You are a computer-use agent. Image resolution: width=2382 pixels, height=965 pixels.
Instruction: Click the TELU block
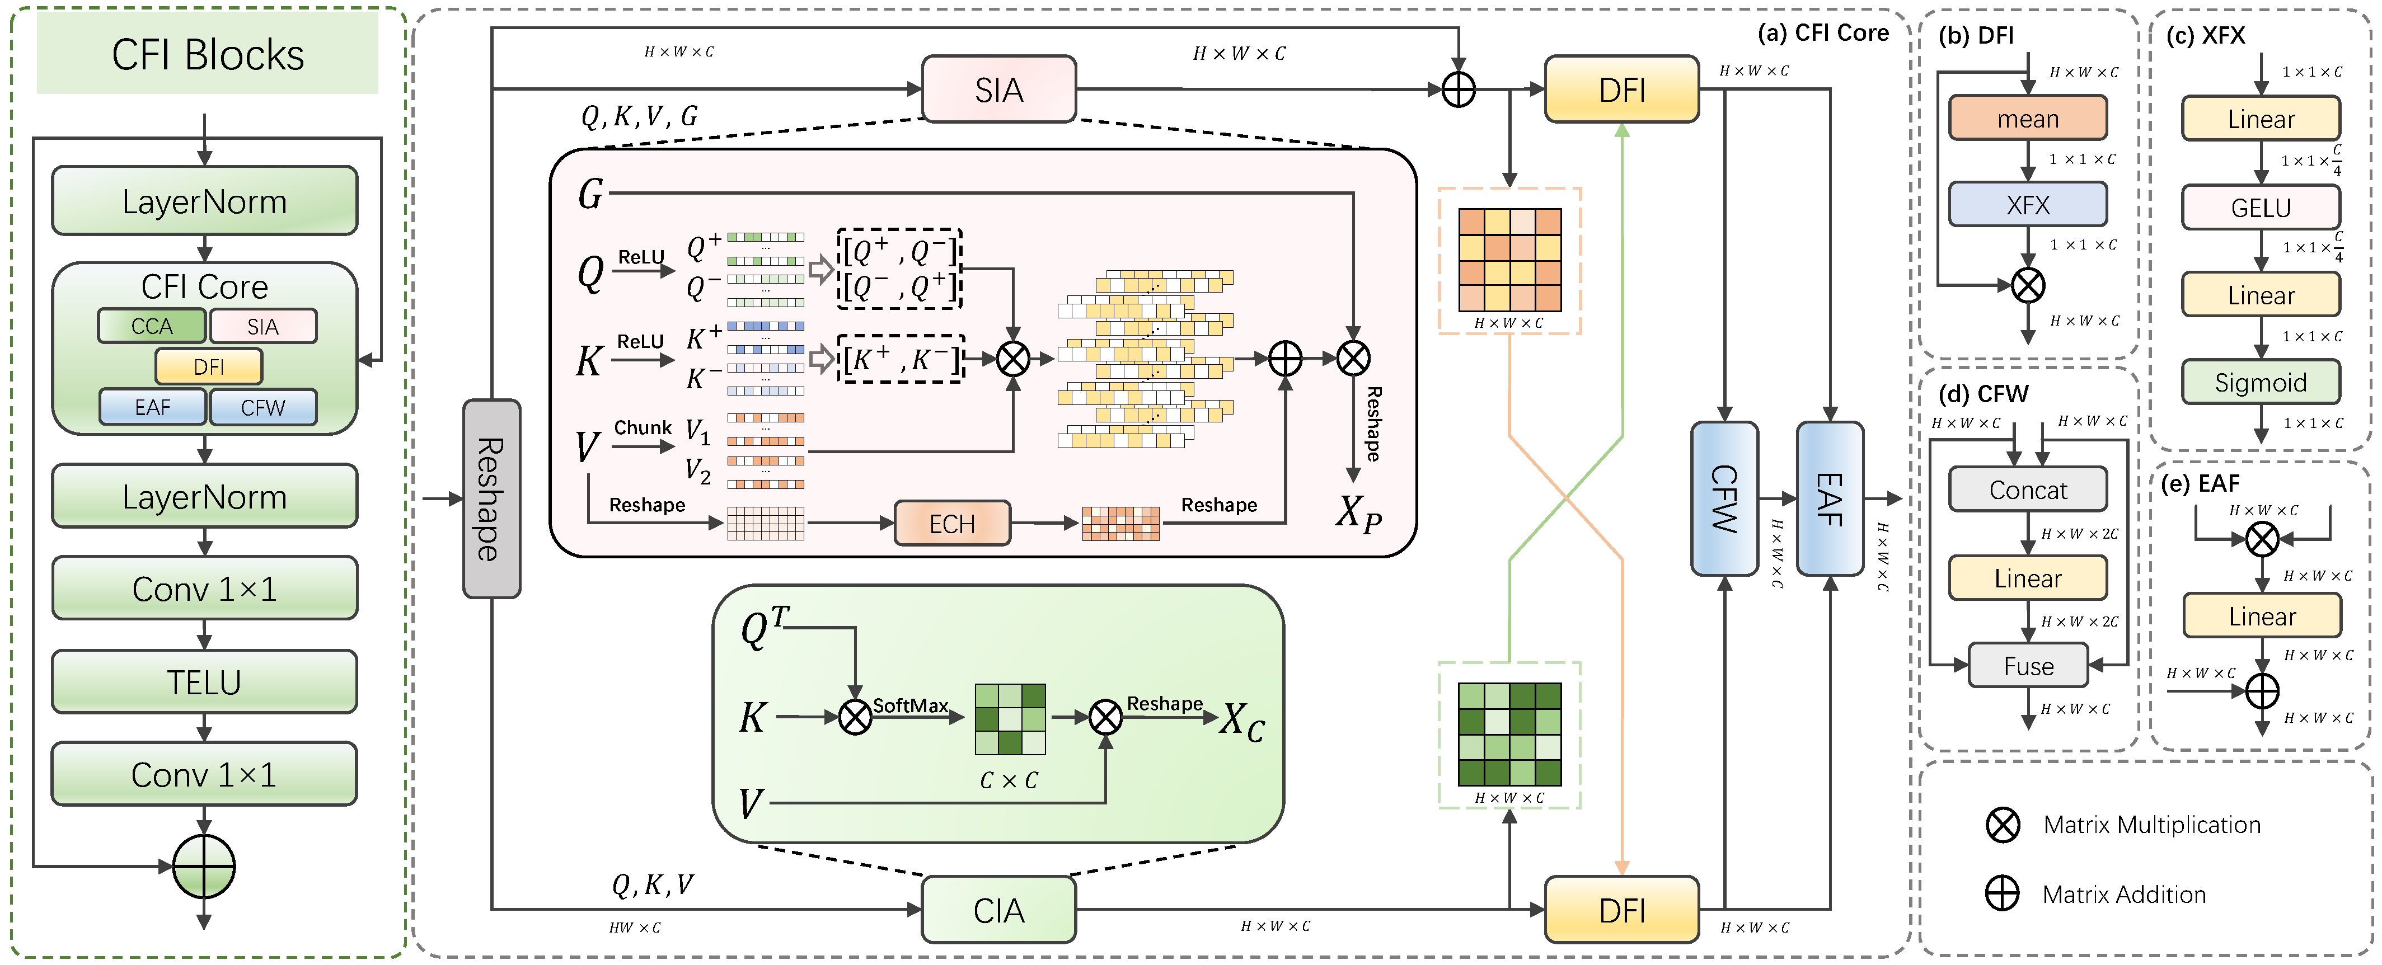coord(204,682)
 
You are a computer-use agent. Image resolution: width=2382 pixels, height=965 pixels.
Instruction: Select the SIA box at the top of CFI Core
coord(998,90)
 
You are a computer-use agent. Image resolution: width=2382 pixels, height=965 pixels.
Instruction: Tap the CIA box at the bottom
coord(998,911)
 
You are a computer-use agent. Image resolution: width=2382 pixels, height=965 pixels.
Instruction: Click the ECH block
coord(953,524)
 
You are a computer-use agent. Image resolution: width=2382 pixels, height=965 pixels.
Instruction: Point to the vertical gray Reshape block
coord(491,499)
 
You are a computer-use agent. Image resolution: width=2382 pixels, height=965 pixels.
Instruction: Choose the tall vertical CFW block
coord(1724,499)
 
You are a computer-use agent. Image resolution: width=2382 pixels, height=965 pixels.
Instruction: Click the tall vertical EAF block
coord(1830,499)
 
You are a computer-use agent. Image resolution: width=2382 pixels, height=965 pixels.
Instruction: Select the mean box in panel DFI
coord(2028,118)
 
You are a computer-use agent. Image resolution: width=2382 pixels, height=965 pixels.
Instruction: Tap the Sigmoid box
coord(2261,382)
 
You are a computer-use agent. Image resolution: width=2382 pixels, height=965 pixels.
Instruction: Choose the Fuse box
coord(2028,666)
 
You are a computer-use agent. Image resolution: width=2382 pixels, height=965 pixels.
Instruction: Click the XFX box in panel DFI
coord(2028,204)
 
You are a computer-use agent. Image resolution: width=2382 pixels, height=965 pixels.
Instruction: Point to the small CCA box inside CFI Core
coord(152,326)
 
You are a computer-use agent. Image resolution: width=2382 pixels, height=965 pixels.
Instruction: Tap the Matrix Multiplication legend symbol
coord(2003,825)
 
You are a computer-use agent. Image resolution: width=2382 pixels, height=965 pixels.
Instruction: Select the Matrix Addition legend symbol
coord(2003,894)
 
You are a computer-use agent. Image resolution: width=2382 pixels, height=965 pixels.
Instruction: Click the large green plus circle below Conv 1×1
coord(204,867)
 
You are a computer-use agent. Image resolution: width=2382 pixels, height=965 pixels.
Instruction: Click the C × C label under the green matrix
coord(1009,781)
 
